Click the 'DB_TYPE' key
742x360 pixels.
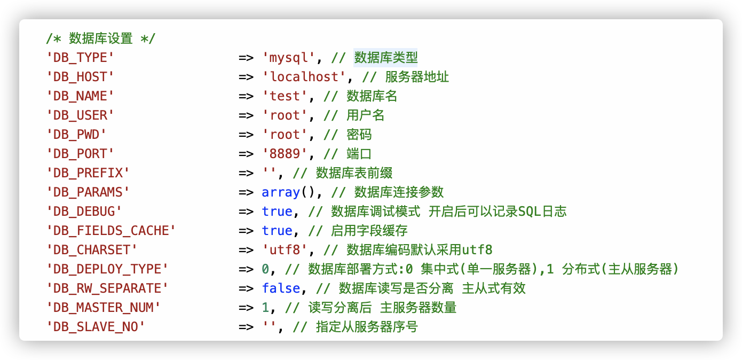80,58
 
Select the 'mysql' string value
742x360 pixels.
289,58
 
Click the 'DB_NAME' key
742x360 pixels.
80,96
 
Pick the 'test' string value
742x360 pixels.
285,96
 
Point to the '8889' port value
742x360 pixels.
285,154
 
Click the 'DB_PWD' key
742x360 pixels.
76,135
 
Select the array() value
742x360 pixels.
289,192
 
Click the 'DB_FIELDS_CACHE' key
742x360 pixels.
111,231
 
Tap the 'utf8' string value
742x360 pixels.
285,250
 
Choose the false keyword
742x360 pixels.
281,288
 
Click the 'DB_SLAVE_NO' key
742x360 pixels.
96,327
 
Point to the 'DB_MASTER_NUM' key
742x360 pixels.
103,308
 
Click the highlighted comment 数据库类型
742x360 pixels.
385,58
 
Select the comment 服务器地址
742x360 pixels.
417,77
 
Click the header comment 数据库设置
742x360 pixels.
100,38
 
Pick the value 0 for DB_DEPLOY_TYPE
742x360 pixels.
265,269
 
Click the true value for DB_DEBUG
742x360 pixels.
277,212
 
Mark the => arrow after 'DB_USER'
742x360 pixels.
246,115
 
